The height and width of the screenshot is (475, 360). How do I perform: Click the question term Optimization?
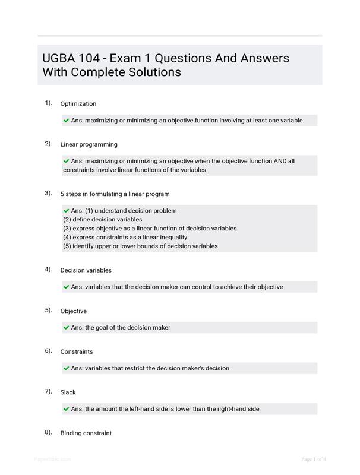coord(78,104)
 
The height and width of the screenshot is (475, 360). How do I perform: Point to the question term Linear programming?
coord(89,144)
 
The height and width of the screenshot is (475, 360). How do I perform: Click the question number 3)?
coord(48,193)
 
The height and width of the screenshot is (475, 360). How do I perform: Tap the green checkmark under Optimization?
coord(67,120)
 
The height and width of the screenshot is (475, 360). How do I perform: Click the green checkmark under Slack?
coord(67,408)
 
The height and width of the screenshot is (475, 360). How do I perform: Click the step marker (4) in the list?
coord(67,237)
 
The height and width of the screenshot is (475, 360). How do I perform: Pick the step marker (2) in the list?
coord(67,219)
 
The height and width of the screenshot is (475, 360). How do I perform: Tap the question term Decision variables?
coord(86,270)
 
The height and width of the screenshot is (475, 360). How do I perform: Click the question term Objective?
coord(74,311)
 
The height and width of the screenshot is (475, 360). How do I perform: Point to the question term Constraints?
coord(77,351)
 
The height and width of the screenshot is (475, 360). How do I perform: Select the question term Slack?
coord(68,392)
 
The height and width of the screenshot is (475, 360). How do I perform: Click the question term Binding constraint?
coord(86,433)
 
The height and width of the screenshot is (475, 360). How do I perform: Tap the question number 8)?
coord(48,432)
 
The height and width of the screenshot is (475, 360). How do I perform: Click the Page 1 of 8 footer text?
coord(314,459)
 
